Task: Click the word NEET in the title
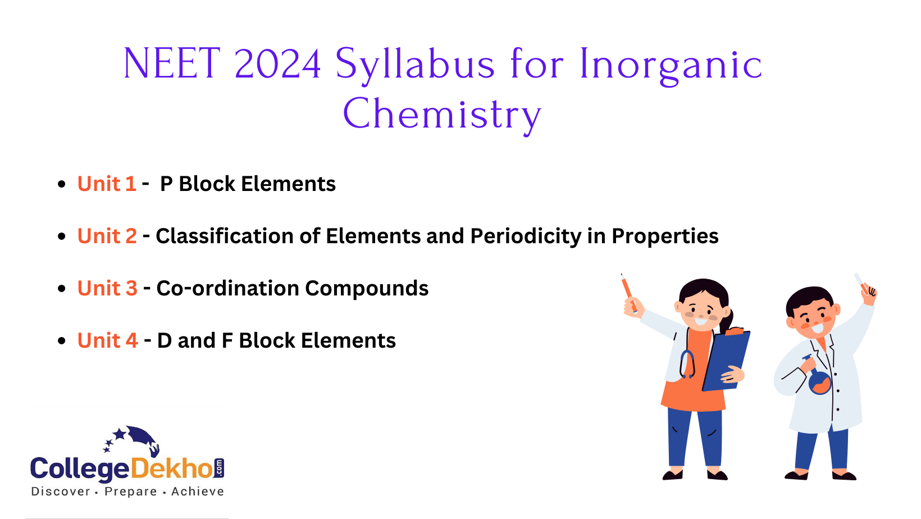pos(171,63)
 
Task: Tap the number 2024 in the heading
pos(277,63)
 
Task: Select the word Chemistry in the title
pos(442,115)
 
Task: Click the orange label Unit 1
pos(107,184)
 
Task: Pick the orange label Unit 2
pos(107,236)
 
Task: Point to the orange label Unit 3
pos(107,289)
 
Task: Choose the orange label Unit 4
pos(107,341)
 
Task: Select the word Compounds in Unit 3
pos(367,289)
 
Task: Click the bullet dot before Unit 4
pos(62,341)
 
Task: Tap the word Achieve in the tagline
pos(197,491)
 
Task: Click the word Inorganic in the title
pos(671,63)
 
